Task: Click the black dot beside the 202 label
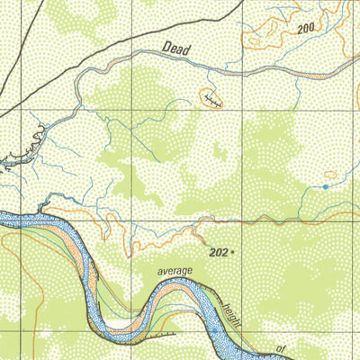(x=233, y=253)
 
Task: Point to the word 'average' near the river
(x=176, y=270)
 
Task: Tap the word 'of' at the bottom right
(x=280, y=347)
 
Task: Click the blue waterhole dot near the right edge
(x=325, y=186)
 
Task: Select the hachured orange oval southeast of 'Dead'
(x=211, y=98)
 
